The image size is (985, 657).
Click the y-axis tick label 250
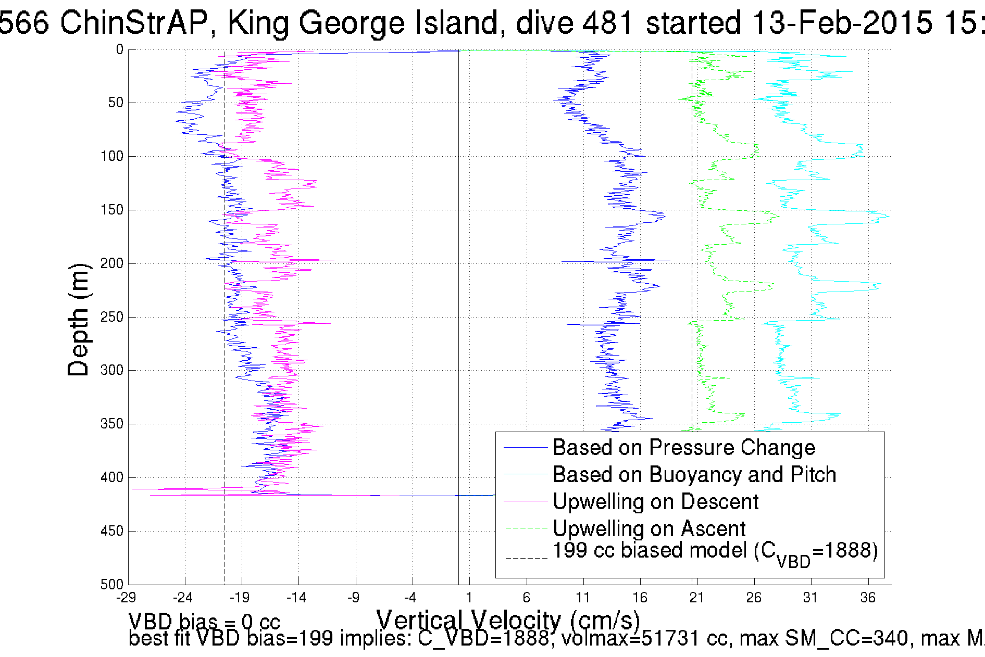(x=111, y=317)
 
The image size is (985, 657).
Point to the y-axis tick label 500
(x=111, y=585)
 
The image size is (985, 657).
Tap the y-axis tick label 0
(x=120, y=50)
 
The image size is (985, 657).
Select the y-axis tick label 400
(x=111, y=477)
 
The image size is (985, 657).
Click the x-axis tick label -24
(x=183, y=598)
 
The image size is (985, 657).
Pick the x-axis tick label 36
(x=868, y=598)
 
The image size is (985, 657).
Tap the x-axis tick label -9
(x=354, y=598)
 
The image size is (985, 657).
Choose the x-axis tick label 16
(x=640, y=598)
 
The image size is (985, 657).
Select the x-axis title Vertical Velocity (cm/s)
(x=508, y=621)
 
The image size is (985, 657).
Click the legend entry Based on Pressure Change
(x=683, y=448)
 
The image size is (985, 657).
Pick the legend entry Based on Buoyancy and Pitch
(x=694, y=475)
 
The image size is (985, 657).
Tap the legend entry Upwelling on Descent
(x=655, y=502)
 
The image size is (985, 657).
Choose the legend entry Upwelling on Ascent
(x=649, y=529)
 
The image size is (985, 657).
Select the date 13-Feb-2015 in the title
(x=842, y=23)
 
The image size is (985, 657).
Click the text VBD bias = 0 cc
(x=204, y=622)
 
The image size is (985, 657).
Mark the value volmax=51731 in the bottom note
(x=632, y=638)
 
